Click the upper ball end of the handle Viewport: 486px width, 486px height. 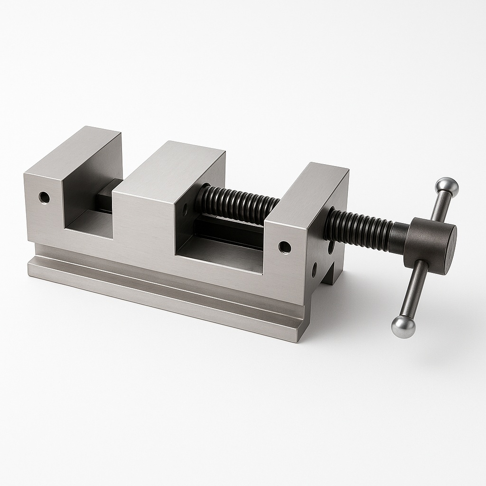pos(448,187)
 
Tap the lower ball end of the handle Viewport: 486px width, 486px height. pos(403,327)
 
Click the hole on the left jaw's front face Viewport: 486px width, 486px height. pos(44,196)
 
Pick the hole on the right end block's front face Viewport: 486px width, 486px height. pos(284,247)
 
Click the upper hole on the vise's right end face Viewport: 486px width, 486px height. pos(330,247)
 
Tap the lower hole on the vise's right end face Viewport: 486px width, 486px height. pos(314,270)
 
